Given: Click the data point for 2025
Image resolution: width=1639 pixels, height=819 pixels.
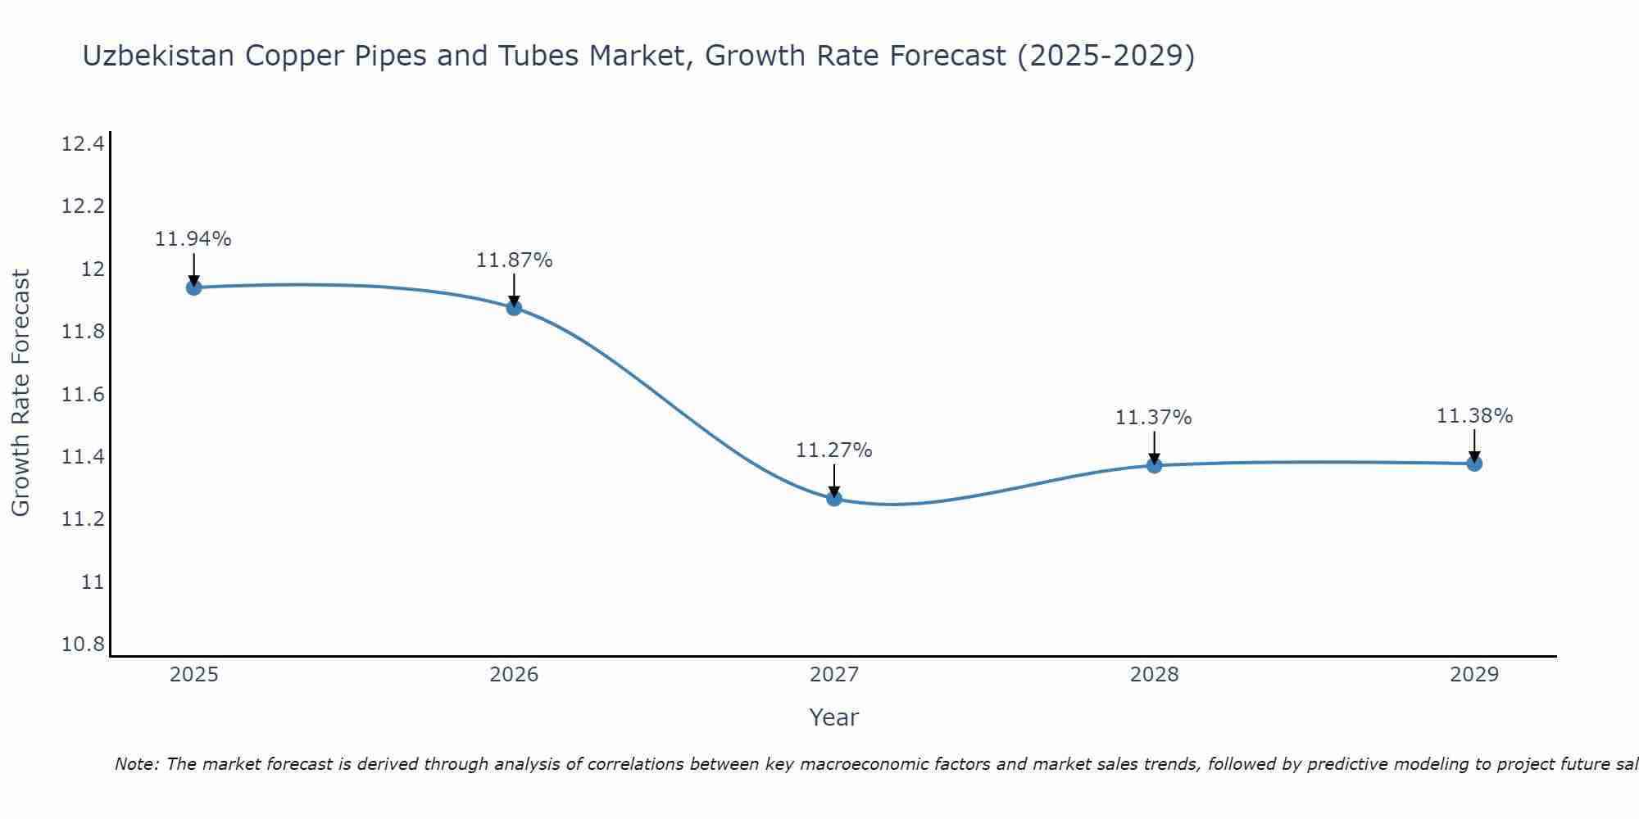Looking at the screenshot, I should click(194, 287).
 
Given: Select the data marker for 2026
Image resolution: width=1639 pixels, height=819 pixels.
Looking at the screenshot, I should click(514, 308).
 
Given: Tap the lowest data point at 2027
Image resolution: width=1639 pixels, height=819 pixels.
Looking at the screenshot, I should click(834, 498).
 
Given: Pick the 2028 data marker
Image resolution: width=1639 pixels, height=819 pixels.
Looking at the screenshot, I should click(1154, 465).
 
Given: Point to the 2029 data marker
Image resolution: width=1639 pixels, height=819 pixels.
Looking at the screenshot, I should click(1474, 464).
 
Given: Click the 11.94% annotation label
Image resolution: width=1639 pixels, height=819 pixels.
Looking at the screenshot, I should click(193, 239).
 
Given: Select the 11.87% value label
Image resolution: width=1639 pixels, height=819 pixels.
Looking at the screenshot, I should click(514, 260).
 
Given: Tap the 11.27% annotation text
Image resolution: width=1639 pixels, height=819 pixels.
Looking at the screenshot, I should click(834, 450).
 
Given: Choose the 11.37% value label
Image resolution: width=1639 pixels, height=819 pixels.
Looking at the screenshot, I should click(1153, 418).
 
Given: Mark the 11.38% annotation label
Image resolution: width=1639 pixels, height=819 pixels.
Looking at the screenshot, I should click(1474, 416).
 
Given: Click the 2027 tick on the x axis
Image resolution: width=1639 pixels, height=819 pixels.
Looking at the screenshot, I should click(834, 675).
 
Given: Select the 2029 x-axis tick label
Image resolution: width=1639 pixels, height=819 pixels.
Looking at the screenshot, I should click(1474, 675).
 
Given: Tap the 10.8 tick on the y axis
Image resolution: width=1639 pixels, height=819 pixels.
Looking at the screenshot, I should click(83, 645).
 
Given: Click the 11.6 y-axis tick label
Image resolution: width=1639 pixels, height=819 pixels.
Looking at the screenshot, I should click(83, 395).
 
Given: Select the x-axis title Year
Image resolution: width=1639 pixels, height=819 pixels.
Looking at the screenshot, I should click(834, 717).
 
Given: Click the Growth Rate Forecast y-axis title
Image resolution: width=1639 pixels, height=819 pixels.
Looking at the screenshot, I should click(20, 393).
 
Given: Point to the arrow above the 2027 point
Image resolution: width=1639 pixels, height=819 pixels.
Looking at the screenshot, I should click(834, 480).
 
